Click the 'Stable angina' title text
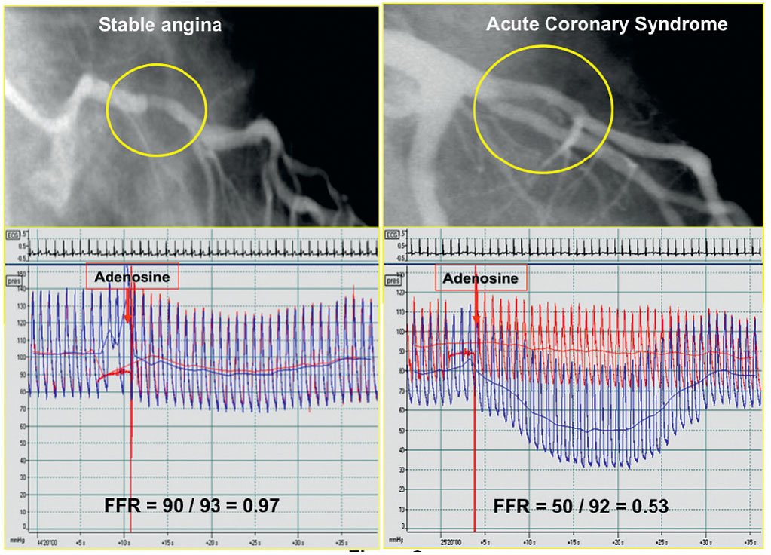[160, 25]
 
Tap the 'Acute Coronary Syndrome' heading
[606, 24]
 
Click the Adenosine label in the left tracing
[132, 277]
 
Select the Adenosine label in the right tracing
[481, 278]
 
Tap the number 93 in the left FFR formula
[208, 504]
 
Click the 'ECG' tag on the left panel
[12, 235]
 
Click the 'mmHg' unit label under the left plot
[15, 541]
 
